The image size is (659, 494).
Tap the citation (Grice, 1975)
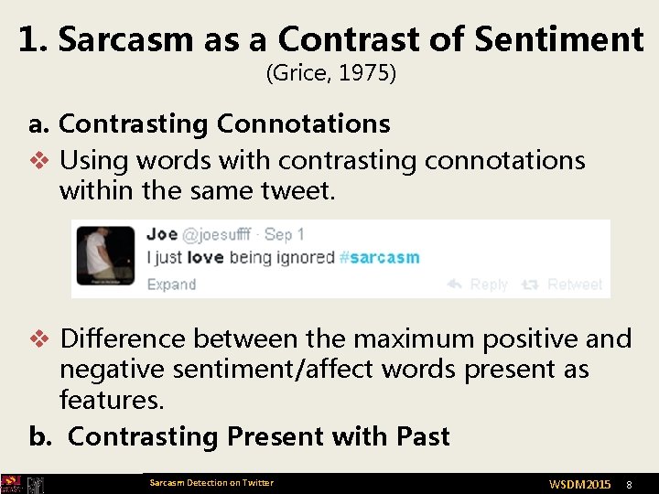click(x=330, y=73)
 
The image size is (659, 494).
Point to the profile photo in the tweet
click(x=106, y=257)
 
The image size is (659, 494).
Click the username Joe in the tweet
click(x=162, y=234)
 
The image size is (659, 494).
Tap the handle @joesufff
click(x=216, y=234)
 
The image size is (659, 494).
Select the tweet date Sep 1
click(x=284, y=234)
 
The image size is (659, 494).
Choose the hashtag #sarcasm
click(x=379, y=257)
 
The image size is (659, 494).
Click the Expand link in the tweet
click(x=171, y=284)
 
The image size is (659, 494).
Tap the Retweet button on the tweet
click(x=563, y=285)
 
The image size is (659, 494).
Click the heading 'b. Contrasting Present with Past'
click(x=240, y=436)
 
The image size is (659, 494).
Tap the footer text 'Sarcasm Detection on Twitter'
click(x=211, y=482)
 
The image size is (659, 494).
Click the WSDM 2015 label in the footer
click(x=579, y=483)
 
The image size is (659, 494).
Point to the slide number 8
click(x=629, y=483)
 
